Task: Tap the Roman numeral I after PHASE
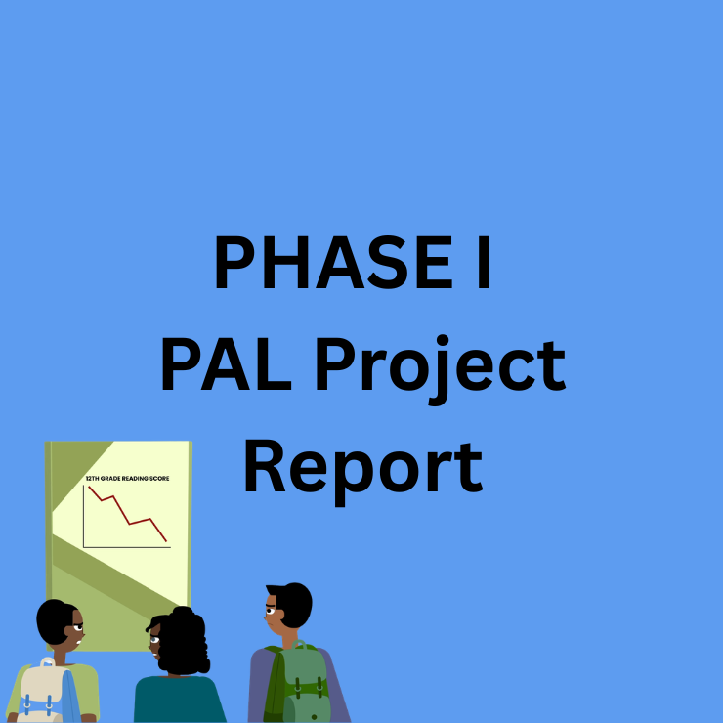coord(484,262)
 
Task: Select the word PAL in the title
coord(227,363)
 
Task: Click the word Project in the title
coord(441,369)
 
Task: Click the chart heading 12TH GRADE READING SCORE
coord(127,478)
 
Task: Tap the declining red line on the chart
coord(128,514)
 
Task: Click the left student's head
coord(61,622)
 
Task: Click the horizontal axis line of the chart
coord(127,547)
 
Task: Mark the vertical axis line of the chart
coord(83,516)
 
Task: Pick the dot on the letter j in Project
coord(443,341)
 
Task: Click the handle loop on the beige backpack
coord(48,661)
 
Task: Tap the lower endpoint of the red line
coord(166,542)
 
